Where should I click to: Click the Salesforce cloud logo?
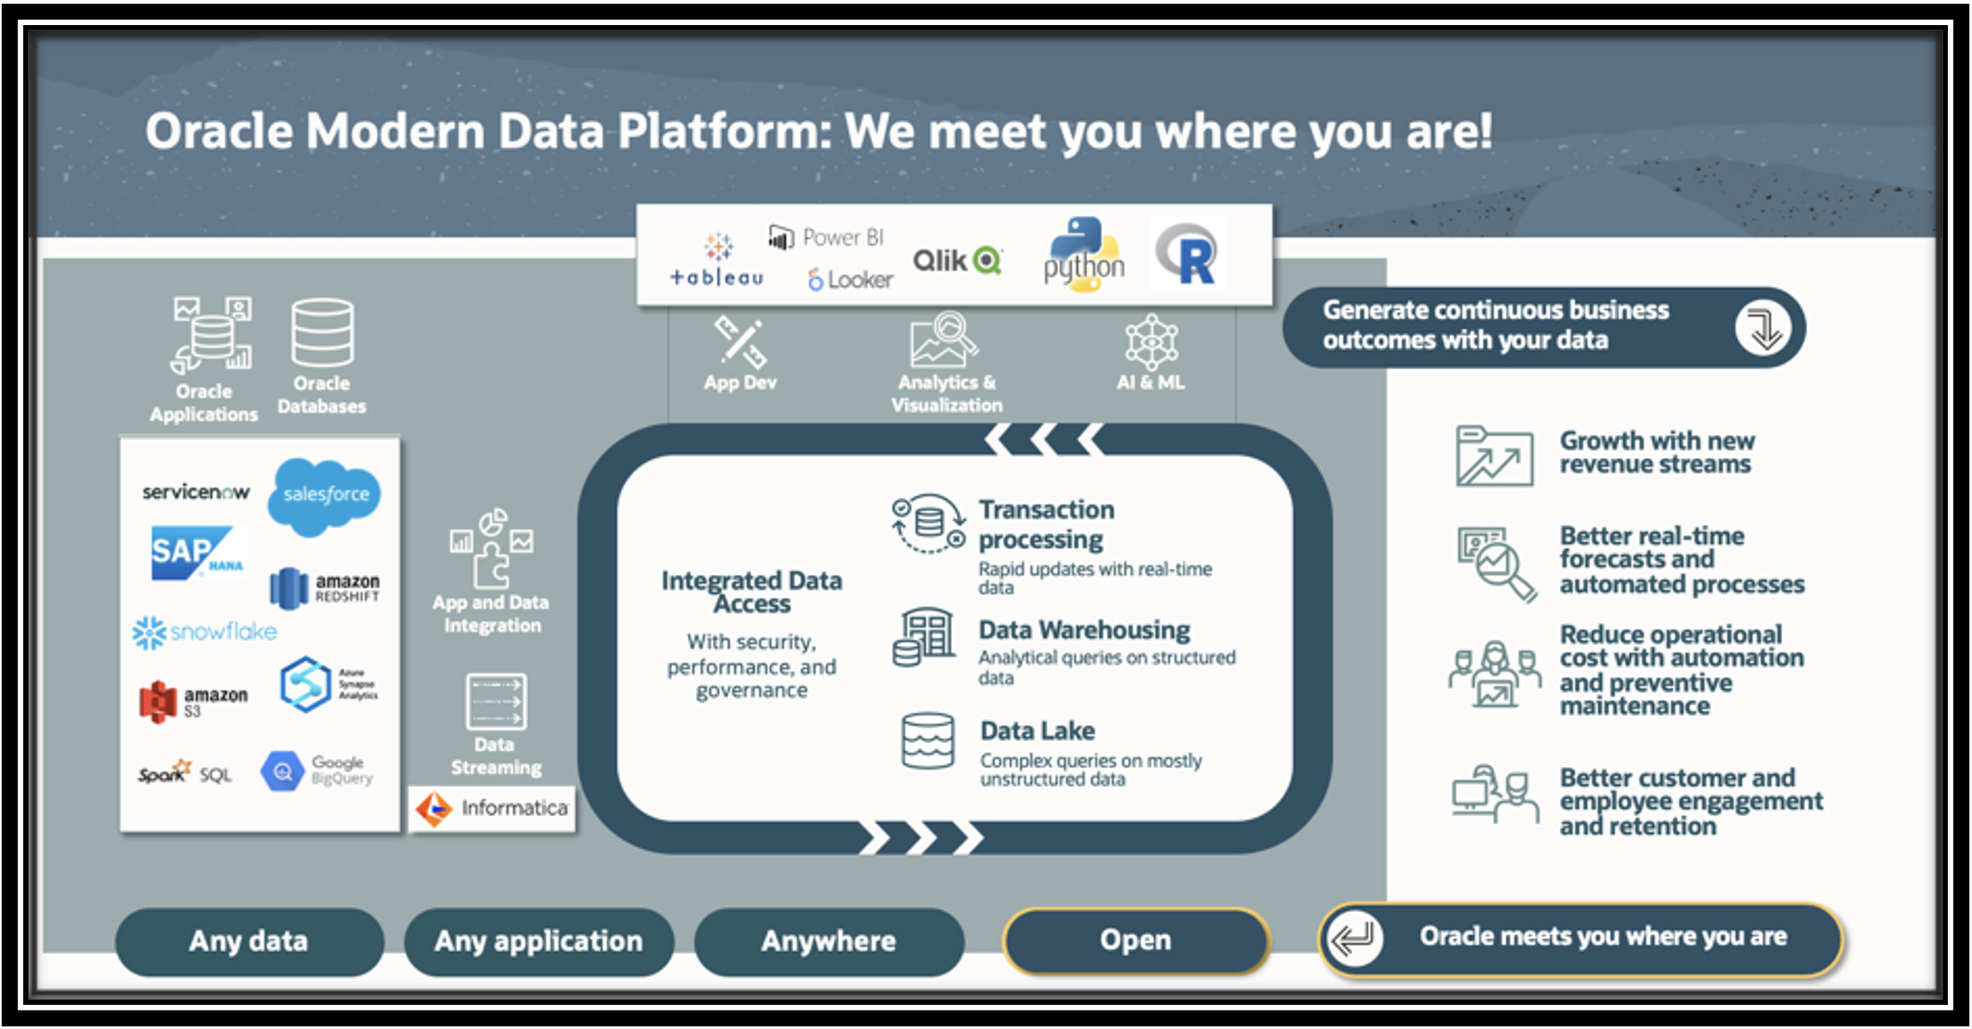325,494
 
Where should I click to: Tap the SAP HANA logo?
197,553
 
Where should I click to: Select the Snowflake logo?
205,632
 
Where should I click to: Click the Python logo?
1083,255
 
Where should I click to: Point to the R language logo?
1187,254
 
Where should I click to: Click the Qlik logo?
957,261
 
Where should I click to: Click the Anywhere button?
828,941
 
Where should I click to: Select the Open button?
1135,940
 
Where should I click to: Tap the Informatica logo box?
493,808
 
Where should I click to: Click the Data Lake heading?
1037,731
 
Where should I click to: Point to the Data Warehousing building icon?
925,637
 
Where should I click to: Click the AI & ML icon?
1151,341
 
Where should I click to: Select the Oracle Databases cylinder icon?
322,332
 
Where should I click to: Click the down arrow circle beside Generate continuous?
1762,328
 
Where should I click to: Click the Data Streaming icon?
496,701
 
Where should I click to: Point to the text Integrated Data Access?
752,592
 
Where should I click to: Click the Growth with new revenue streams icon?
1494,456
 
